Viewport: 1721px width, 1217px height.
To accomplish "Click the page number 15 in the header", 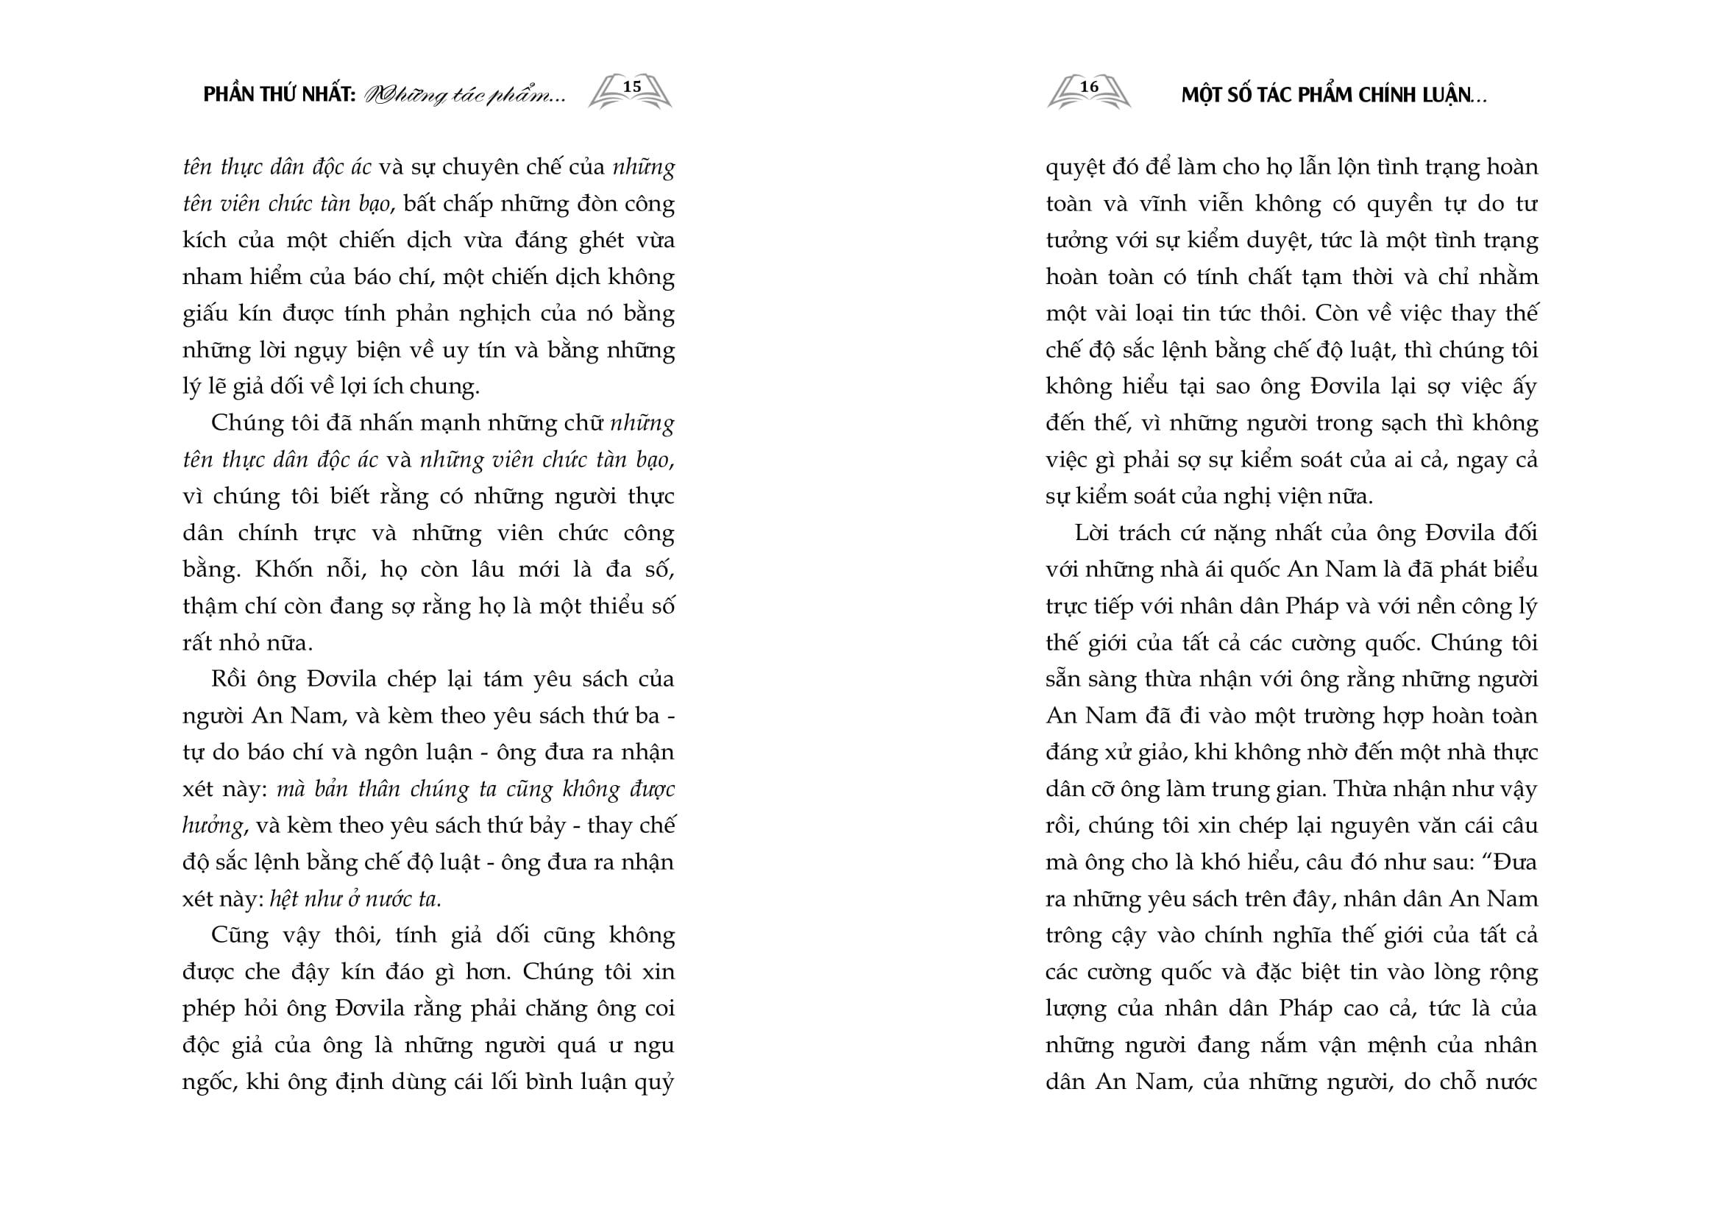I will point(632,87).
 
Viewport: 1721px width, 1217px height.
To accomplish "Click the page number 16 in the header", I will point(1088,87).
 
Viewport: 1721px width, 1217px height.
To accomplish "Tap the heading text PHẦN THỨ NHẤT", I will point(279,96).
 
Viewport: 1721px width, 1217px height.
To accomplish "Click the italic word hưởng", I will point(213,826).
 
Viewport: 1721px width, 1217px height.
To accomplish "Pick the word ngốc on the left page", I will point(207,1083).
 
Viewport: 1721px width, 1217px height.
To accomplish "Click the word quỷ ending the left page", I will point(657,1083).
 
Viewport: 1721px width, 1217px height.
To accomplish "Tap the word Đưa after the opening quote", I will point(1515,862).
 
